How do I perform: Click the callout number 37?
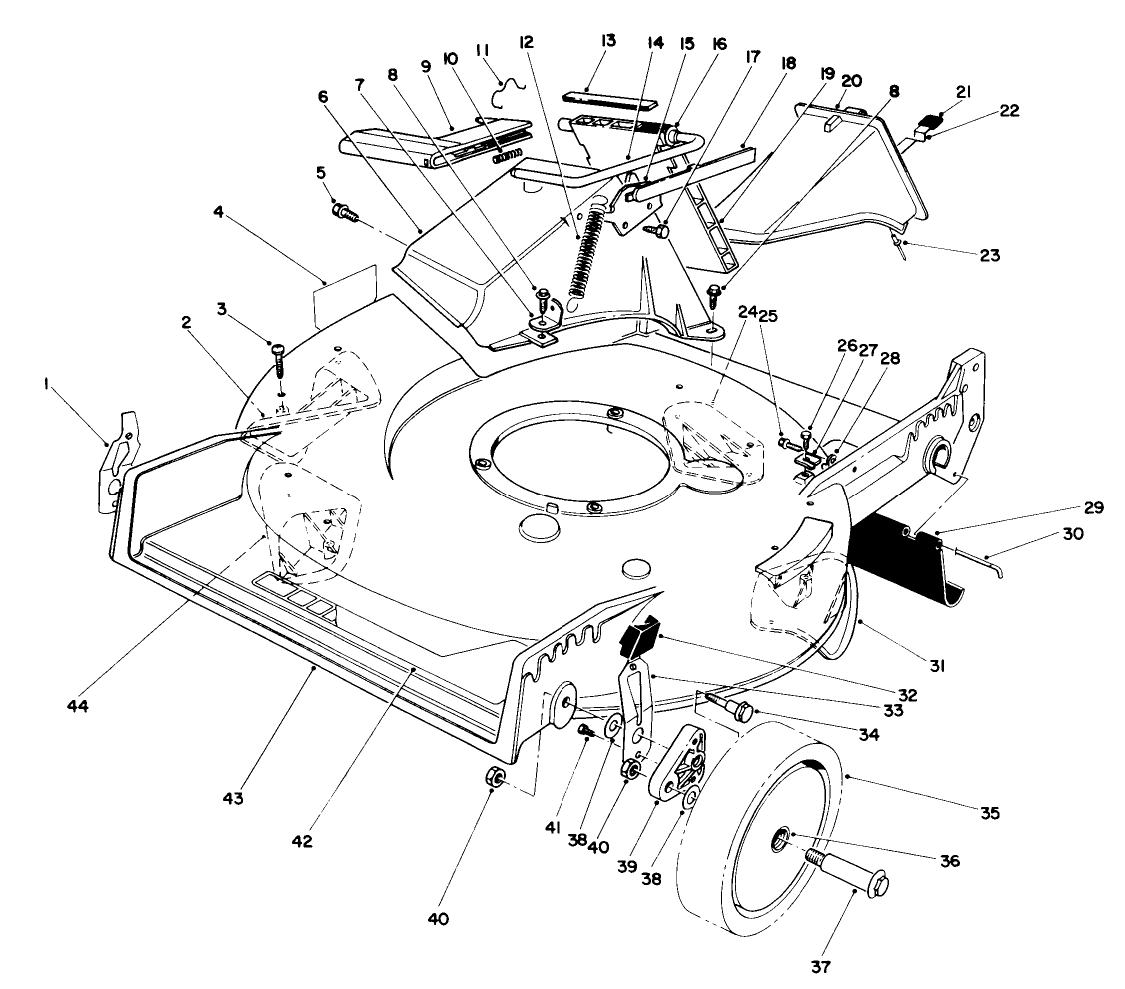tap(821, 967)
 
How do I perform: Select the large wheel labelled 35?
tap(759, 839)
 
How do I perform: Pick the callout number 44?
tap(78, 706)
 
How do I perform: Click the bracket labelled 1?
tap(116, 463)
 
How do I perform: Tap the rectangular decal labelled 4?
tap(345, 296)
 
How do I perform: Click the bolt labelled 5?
tap(344, 213)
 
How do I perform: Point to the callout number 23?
tap(989, 255)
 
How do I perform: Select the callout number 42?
tap(302, 840)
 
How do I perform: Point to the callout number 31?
tap(937, 666)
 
